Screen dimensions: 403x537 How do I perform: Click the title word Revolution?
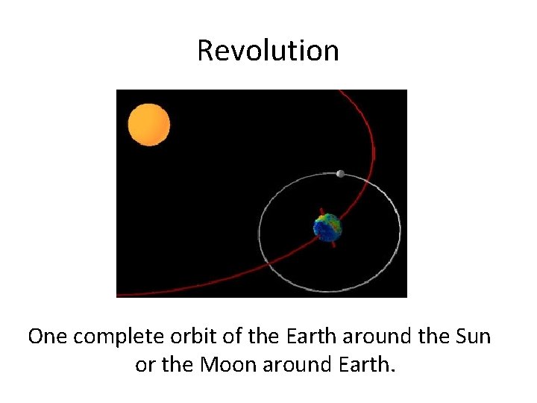point(268,51)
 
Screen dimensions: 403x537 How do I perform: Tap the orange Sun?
point(149,125)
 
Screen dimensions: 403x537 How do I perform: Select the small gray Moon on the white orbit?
point(340,174)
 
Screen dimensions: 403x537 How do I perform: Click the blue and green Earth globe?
point(327,228)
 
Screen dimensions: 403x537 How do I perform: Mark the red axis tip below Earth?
point(334,245)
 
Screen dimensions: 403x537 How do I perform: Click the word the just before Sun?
point(430,337)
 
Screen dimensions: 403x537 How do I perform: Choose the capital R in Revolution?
point(206,51)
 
